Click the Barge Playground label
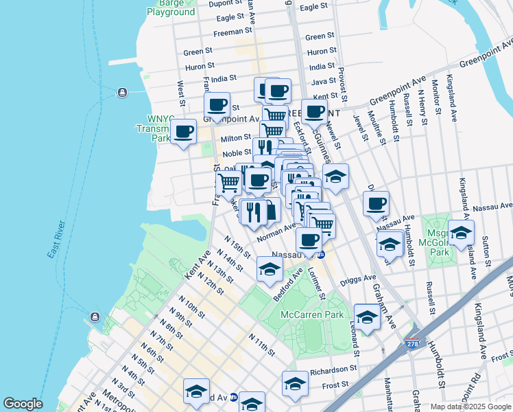(x=171, y=8)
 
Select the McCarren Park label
(x=311, y=314)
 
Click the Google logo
(x=23, y=404)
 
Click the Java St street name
(x=322, y=82)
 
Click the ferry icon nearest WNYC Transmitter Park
(x=122, y=93)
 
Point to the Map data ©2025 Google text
(x=470, y=407)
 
